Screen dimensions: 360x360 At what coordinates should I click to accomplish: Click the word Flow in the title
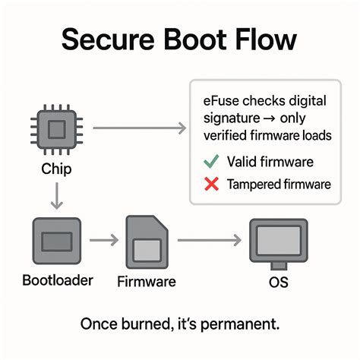tap(269, 39)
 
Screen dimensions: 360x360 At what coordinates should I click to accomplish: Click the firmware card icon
tap(147, 242)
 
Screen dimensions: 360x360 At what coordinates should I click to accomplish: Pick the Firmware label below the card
tap(147, 282)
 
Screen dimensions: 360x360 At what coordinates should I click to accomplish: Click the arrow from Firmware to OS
tap(208, 242)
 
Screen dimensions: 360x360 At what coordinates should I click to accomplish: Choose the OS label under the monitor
tap(280, 282)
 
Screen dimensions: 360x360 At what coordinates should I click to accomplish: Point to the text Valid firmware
tap(269, 161)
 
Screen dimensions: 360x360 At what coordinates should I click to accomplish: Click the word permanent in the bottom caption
tap(242, 324)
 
